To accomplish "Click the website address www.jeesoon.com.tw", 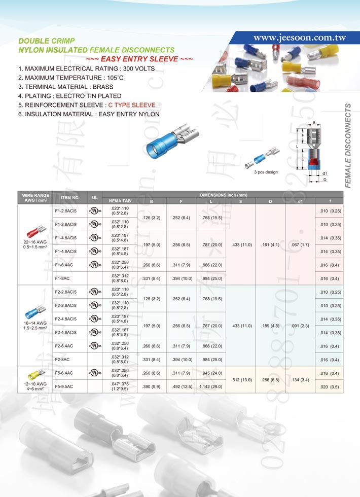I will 299,38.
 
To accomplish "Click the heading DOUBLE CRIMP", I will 47,40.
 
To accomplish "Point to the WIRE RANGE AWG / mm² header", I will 35,197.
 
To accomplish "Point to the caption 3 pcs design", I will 266,172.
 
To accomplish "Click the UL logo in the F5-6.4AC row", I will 94,373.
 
